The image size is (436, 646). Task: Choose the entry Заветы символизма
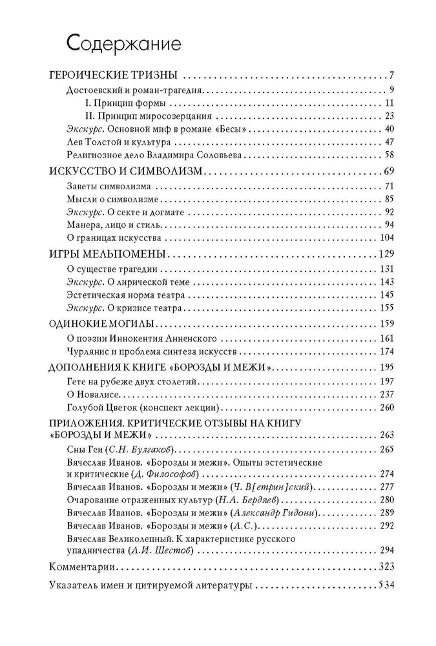(103, 186)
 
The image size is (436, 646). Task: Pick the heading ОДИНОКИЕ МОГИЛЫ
(105, 323)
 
